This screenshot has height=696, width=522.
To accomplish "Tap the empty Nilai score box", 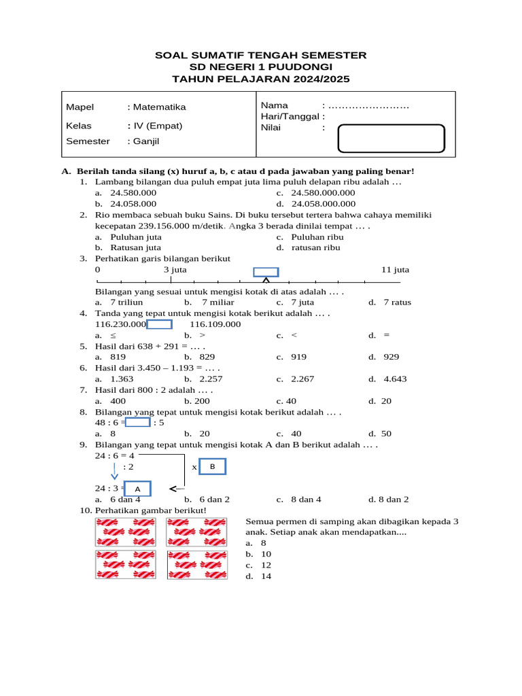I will click(x=391, y=138).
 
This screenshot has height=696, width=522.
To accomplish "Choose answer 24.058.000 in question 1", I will click(x=133, y=203).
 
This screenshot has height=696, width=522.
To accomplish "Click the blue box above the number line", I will click(x=266, y=272).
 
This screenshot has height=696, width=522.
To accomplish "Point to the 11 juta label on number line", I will click(x=396, y=270).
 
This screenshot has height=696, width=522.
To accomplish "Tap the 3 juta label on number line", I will click(x=175, y=270).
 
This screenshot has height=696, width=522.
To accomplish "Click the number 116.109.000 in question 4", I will click(x=215, y=324).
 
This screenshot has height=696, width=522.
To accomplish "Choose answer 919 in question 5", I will click(x=298, y=357).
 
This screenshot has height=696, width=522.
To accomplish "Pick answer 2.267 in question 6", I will click(x=303, y=379).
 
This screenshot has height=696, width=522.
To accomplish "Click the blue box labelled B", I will click(x=212, y=467).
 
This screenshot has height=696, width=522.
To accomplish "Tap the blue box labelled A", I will click(x=137, y=489).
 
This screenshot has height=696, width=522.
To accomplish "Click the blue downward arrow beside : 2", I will click(x=114, y=470).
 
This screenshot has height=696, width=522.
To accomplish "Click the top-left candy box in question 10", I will click(x=127, y=532).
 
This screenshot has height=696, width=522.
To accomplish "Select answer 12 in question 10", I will click(x=266, y=565).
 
